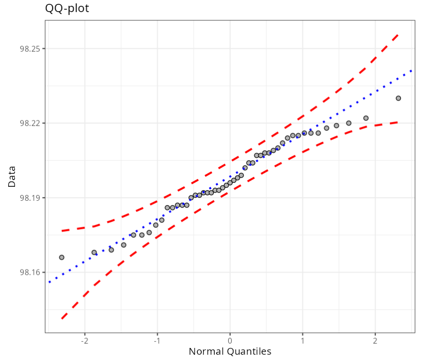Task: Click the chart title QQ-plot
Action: [x=67, y=8]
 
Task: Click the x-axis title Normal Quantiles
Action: [x=230, y=351]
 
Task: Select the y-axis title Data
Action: [x=12, y=177]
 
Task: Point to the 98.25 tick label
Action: [x=29, y=49]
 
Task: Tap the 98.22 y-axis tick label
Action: [x=29, y=123]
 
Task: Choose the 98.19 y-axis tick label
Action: [x=29, y=198]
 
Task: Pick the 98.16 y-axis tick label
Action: [x=29, y=272]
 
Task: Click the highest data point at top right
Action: [x=398, y=98]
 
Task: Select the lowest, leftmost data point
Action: [x=61, y=257]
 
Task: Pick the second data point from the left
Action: [x=94, y=253]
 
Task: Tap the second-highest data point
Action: [x=366, y=118]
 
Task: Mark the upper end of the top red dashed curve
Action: [x=398, y=34]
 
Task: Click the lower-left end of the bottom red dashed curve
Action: [x=62, y=318]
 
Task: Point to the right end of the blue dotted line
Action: [x=412, y=70]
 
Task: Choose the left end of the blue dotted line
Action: [x=49, y=282]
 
